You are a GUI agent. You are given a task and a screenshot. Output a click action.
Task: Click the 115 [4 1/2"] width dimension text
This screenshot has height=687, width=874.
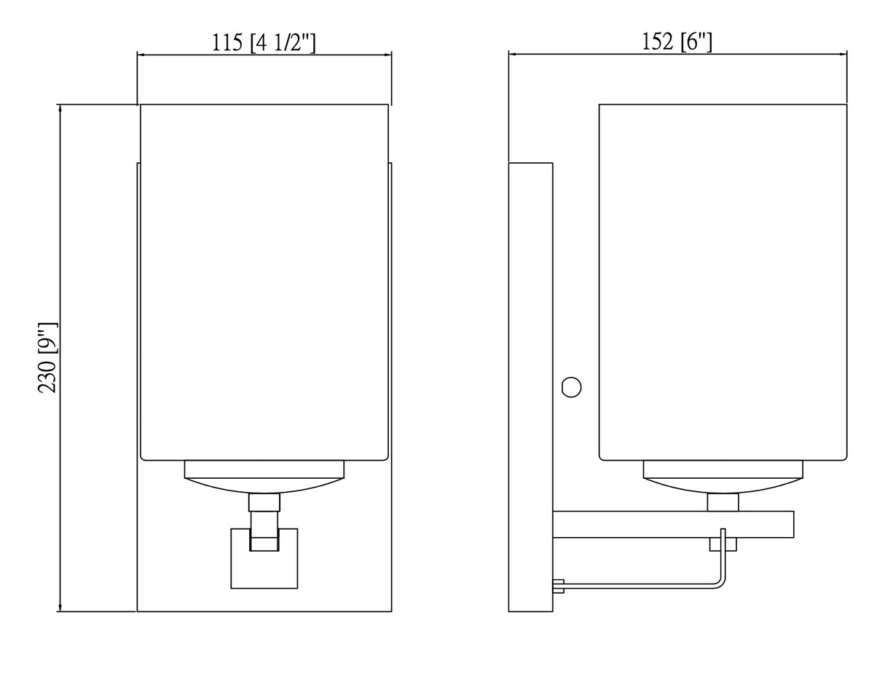[x=264, y=43]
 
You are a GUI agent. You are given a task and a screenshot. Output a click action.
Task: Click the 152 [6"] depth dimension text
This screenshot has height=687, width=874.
[x=677, y=43]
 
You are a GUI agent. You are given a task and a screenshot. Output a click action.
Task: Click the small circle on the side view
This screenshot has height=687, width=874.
[x=572, y=387]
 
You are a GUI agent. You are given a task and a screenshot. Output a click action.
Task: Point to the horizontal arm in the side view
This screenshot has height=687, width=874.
[x=673, y=525]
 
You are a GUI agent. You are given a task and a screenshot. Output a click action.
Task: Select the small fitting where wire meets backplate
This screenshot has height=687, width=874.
[x=559, y=585]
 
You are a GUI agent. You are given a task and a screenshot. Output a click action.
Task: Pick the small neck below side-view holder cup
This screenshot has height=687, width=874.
[x=723, y=502]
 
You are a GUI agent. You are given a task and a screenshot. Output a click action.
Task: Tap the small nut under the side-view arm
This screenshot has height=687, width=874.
[x=723, y=544]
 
